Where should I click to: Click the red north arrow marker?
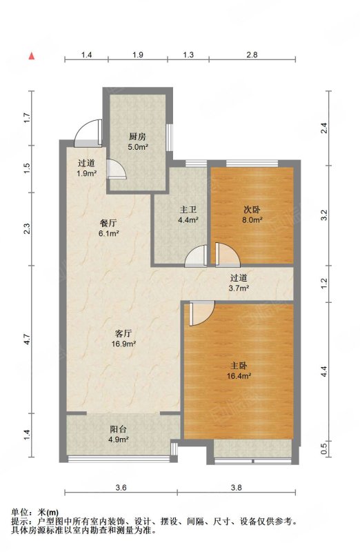point(32,56)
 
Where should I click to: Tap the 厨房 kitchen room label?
point(137,137)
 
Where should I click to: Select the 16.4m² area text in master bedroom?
point(239,376)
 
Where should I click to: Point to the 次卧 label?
point(252,210)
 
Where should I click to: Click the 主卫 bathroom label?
point(188,210)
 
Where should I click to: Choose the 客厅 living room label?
point(123,333)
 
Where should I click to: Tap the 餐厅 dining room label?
point(108,223)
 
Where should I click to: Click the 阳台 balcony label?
point(118,429)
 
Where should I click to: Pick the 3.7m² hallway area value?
point(239,288)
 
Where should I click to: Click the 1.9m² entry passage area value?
point(87,173)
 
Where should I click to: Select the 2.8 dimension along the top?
point(252,55)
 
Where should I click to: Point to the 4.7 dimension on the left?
point(28,339)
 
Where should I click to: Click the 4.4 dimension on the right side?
point(323,372)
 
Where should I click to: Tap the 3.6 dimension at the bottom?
point(121,488)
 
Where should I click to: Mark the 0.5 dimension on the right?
point(323,448)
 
